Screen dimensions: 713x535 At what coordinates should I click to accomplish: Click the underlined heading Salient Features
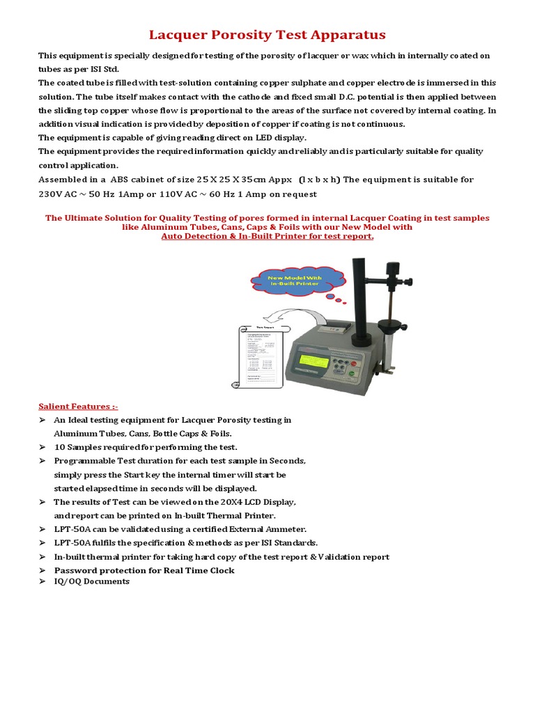[x=73, y=406]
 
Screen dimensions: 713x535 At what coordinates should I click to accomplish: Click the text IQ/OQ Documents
[x=92, y=581]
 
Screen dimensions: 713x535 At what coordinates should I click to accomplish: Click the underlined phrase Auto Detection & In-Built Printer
[x=267, y=236]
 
